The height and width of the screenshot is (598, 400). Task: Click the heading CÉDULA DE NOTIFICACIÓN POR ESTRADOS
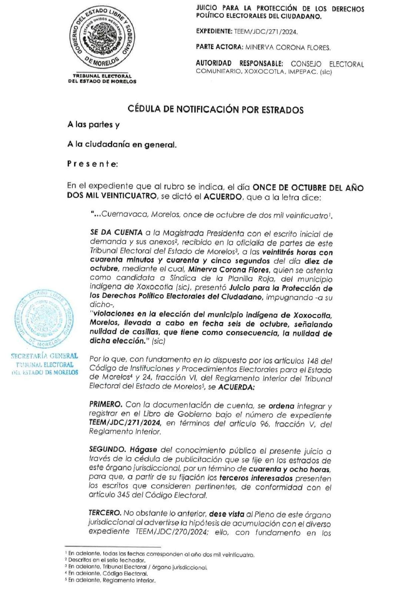tap(216, 110)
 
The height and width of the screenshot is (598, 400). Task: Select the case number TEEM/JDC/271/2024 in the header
tap(266, 32)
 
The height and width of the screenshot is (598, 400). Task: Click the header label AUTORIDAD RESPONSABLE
tap(239, 63)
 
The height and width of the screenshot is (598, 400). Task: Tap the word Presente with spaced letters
tap(92, 164)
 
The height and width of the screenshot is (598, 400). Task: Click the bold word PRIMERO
tap(106, 404)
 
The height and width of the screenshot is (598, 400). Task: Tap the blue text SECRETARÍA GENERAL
tap(44, 356)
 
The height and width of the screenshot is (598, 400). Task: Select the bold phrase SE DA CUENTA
tap(116, 233)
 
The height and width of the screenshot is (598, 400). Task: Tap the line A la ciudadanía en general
tap(122, 144)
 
